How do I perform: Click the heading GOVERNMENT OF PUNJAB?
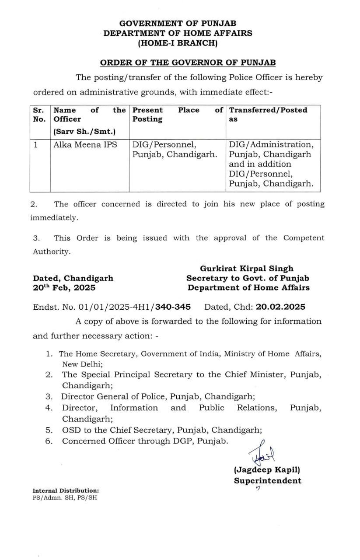point(178,24)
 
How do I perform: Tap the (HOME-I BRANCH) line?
point(178,43)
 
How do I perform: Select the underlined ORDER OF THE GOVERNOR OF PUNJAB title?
point(188,63)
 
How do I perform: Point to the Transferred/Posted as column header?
point(268,114)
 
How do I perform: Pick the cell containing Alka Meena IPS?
point(85,144)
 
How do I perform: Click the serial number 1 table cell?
point(36,144)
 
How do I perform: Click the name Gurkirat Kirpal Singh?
point(247,269)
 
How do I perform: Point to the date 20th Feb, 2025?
point(64,287)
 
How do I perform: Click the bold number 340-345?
point(171,307)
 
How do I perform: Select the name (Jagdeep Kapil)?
point(267,470)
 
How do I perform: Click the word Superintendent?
point(267,481)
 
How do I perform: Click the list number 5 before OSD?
point(49,430)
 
